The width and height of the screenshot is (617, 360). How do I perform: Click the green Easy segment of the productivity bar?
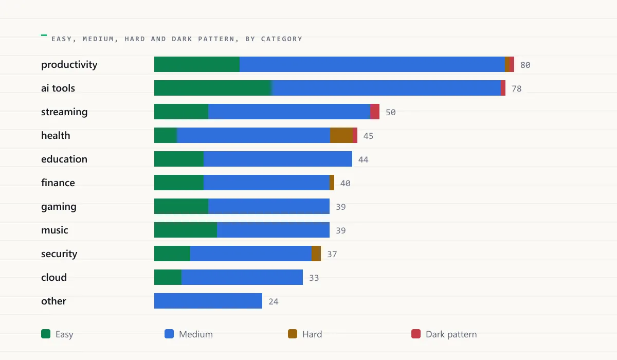coord(196,64)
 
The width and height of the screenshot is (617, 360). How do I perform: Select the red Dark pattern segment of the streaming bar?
coord(375,112)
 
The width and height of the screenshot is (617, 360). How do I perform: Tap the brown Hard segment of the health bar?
coord(341,135)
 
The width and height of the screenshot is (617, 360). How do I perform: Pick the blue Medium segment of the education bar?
coord(278,159)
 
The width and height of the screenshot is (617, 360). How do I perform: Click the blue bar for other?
coord(208,301)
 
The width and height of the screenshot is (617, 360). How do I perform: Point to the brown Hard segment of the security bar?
coord(316,254)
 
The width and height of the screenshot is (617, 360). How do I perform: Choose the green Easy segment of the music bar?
coord(186,230)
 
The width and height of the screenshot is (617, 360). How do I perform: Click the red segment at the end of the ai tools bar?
coord(503,88)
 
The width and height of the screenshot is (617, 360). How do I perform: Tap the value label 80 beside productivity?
coord(525,65)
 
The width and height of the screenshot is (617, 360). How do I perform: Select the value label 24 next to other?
coord(274,301)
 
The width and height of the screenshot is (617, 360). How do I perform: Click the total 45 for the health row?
coord(368,136)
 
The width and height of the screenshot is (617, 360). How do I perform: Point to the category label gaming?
coord(59,207)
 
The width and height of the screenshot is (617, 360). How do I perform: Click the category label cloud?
coord(54,277)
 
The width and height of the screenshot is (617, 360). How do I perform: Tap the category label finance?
coord(58,183)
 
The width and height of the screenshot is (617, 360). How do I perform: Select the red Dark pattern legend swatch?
coord(416,334)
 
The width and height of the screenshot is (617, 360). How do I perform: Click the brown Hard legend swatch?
coord(293,334)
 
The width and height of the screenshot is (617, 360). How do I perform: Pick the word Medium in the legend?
coord(196,334)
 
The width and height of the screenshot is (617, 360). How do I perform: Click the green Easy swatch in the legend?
coord(46,334)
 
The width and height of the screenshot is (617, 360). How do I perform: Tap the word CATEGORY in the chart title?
coord(282,39)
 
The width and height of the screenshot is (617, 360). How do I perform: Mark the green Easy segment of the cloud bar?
coord(168,277)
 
